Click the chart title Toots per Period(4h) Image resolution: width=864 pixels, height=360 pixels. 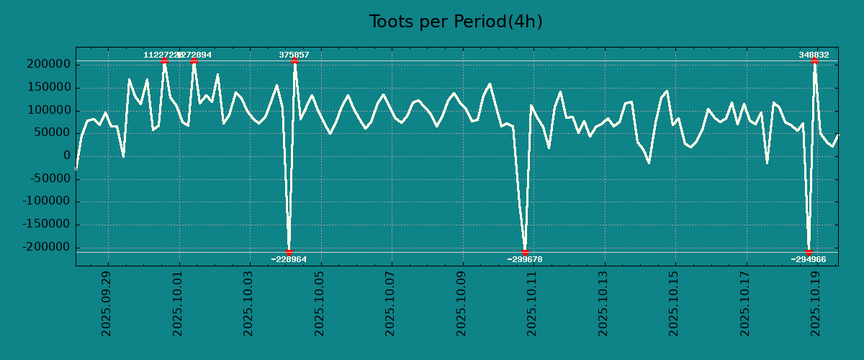(x=456, y=22)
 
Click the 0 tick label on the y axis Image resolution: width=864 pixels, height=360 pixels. (x=66, y=156)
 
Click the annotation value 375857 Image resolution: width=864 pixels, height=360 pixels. (x=294, y=55)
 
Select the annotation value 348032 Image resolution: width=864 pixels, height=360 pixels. (x=814, y=55)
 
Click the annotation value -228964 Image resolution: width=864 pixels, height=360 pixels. (x=289, y=259)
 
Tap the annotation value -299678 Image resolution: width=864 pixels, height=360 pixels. (x=525, y=259)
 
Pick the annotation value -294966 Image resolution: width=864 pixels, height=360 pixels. (x=809, y=259)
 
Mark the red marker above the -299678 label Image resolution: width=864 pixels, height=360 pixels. (x=525, y=252)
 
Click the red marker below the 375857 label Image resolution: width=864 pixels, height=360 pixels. (x=294, y=61)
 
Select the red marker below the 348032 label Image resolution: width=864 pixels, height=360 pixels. (x=814, y=61)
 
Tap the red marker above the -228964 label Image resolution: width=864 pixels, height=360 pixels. (x=289, y=252)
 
